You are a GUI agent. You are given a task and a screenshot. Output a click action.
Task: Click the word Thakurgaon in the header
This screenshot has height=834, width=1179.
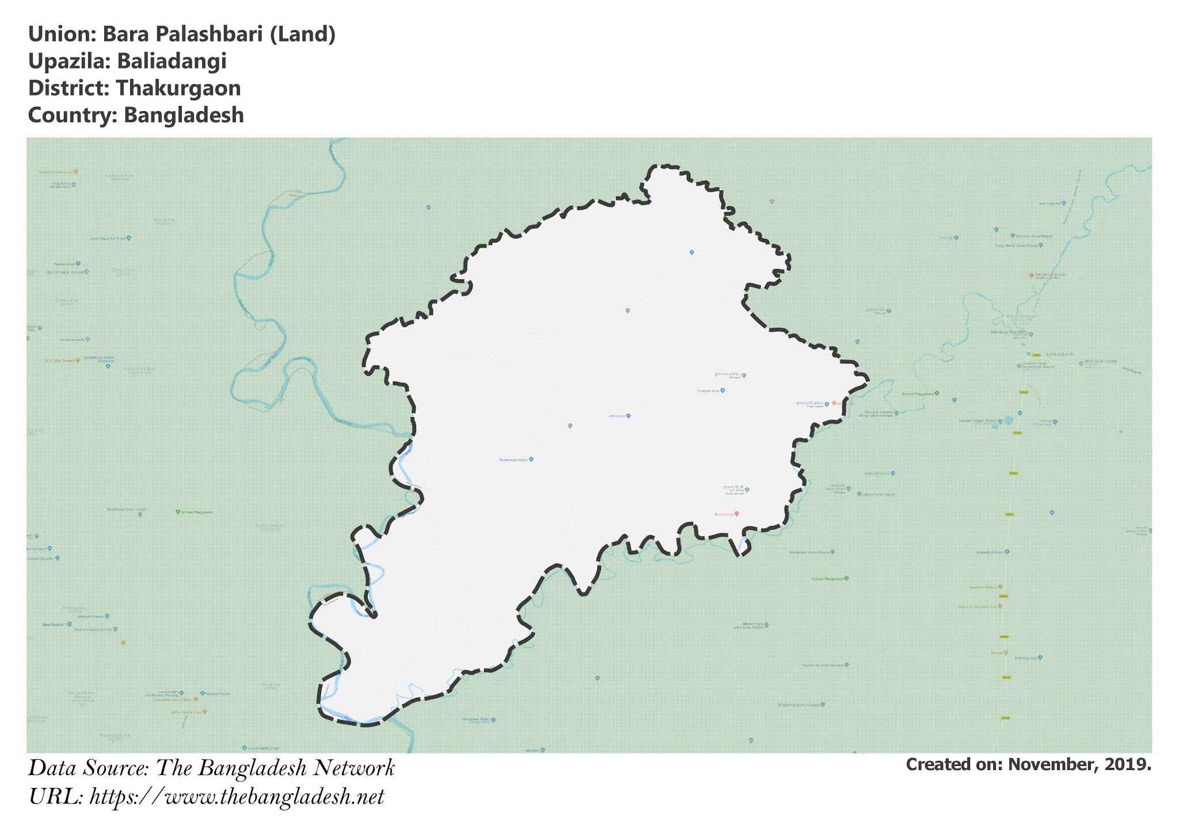[x=178, y=88]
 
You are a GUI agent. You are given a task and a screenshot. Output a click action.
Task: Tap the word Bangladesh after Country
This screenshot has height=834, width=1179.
[x=184, y=115]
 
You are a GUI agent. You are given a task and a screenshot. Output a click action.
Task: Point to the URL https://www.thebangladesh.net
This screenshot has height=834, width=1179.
[x=237, y=797]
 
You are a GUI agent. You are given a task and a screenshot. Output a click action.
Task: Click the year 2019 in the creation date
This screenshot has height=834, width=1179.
[x=1128, y=764]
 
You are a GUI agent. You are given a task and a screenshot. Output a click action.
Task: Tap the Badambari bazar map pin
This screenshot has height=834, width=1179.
[x=531, y=460]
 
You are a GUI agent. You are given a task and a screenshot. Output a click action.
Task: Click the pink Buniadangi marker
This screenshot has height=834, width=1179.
[x=736, y=514]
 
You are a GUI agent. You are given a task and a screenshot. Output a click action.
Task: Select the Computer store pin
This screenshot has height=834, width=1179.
[x=722, y=390]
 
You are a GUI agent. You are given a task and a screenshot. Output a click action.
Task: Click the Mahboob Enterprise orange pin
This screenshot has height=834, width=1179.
[x=76, y=172]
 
